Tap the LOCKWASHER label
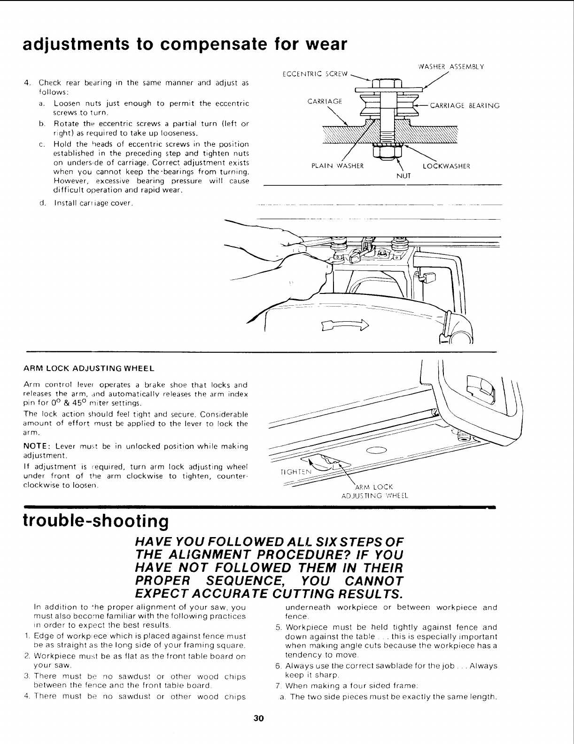[x=446, y=166]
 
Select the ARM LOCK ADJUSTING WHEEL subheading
[x=89, y=367]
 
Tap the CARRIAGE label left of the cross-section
[x=325, y=101]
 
